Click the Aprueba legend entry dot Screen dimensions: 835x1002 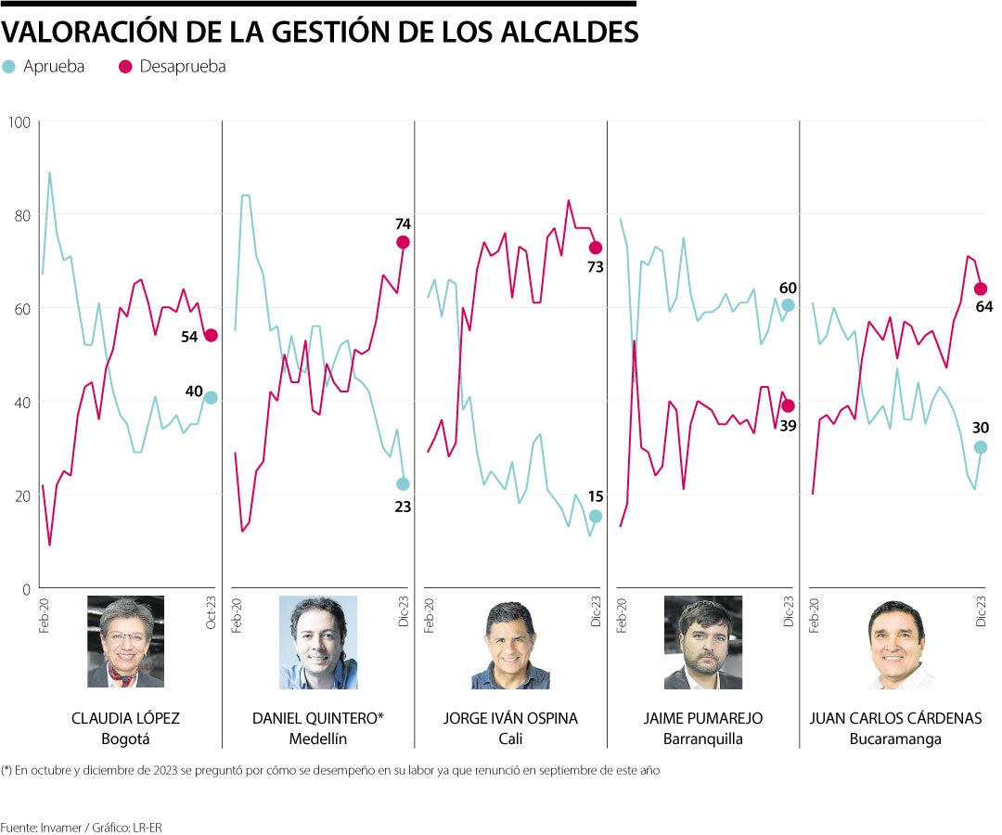click(x=9, y=67)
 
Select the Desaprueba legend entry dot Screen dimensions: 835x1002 click(x=125, y=67)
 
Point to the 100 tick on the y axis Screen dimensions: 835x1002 click(x=20, y=122)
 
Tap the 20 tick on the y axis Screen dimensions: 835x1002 click(x=20, y=495)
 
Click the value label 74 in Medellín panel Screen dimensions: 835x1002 click(x=402, y=224)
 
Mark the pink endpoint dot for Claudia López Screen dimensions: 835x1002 click(x=211, y=335)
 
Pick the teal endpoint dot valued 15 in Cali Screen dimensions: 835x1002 click(x=596, y=516)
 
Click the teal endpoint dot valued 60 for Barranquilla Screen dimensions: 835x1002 click(x=788, y=305)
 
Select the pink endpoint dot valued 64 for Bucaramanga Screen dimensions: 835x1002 click(x=980, y=289)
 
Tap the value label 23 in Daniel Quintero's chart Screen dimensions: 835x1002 click(x=403, y=507)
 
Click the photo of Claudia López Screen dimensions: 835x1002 click(x=125, y=642)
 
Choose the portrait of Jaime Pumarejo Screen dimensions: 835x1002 click(x=702, y=642)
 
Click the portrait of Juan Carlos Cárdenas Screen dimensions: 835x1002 click(x=895, y=642)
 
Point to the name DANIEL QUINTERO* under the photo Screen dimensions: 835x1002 click(x=317, y=719)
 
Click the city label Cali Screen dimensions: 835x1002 click(x=510, y=739)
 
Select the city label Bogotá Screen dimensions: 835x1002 click(x=125, y=739)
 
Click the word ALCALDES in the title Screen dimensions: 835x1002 click(x=567, y=32)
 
